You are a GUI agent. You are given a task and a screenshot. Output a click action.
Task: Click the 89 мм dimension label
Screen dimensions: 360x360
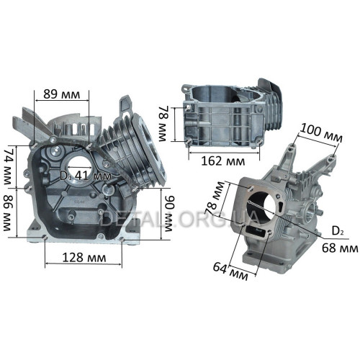tap(61, 94)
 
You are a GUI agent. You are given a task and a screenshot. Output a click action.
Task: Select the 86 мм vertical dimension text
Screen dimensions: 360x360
tap(9, 213)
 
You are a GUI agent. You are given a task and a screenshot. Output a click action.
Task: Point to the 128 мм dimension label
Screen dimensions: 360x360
tap(84, 258)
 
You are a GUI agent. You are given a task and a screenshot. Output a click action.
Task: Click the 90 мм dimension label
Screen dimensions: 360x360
tap(168, 213)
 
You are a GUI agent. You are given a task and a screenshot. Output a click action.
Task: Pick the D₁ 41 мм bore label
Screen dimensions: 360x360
tap(86, 176)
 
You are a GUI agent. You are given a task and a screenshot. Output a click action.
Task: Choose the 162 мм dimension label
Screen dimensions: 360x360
tap(223, 161)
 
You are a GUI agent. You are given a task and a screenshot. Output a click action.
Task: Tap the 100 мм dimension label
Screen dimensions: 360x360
tap(321, 133)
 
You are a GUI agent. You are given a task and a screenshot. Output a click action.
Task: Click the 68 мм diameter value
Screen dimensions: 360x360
tap(340, 248)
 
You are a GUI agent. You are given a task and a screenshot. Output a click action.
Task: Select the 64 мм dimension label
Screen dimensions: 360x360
tap(230, 271)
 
